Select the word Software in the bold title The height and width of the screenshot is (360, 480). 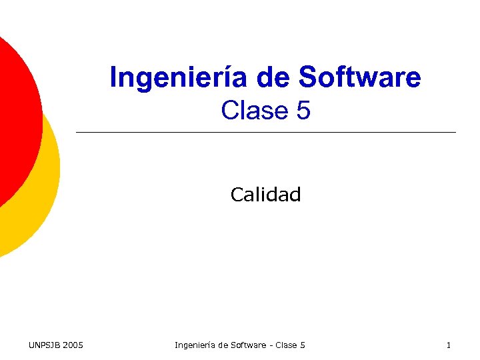(x=360, y=77)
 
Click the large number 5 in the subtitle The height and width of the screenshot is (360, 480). (x=303, y=111)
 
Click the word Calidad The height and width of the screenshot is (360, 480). (x=265, y=195)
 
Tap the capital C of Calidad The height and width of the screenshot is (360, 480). (x=236, y=195)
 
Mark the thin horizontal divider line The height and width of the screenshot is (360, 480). (x=267, y=133)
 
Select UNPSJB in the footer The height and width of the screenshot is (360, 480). (x=43, y=345)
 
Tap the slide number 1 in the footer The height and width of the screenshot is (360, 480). (x=448, y=345)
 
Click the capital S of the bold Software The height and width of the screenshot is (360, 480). (x=308, y=77)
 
